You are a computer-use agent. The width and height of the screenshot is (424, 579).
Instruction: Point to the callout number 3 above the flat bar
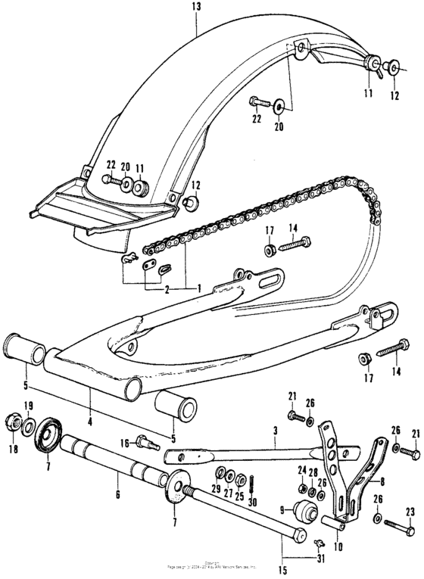pyautogui.click(x=274, y=428)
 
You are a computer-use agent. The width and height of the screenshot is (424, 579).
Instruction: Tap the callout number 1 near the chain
pyautogui.click(x=198, y=288)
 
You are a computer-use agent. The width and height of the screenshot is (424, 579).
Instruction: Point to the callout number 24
pyautogui.click(x=301, y=470)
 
